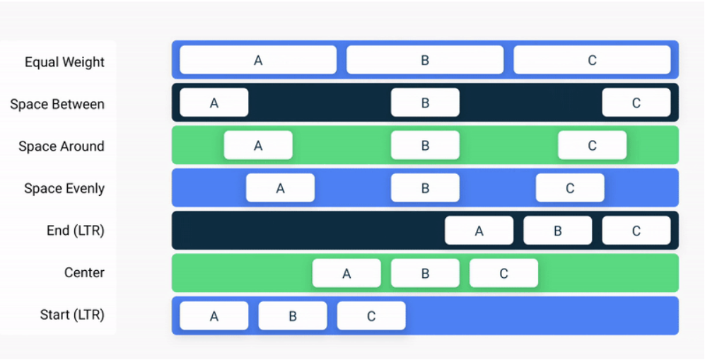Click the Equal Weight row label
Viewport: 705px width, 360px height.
click(64, 62)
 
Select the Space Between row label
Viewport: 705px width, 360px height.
click(57, 104)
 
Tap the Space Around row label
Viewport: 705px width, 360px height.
click(61, 146)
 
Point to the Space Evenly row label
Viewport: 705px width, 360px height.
click(64, 189)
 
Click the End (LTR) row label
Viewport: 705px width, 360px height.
click(76, 231)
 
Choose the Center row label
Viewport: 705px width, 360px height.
click(84, 272)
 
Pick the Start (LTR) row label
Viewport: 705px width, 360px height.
click(72, 315)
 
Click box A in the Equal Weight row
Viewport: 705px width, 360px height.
click(258, 60)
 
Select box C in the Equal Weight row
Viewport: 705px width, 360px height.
click(592, 60)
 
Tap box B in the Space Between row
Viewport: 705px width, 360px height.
click(426, 103)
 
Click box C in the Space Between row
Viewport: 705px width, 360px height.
click(636, 103)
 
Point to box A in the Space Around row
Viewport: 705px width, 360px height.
click(258, 145)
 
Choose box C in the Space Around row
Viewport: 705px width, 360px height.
click(592, 145)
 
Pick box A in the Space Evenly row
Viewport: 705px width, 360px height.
click(280, 188)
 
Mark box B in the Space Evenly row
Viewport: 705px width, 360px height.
click(426, 188)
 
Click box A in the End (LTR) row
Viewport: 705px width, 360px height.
click(479, 231)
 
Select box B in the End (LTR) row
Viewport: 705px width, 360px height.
click(557, 231)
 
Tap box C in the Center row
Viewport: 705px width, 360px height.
click(504, 273)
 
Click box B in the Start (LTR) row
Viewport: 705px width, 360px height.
click(293, 315)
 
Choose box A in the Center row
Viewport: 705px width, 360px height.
click(346, 273)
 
